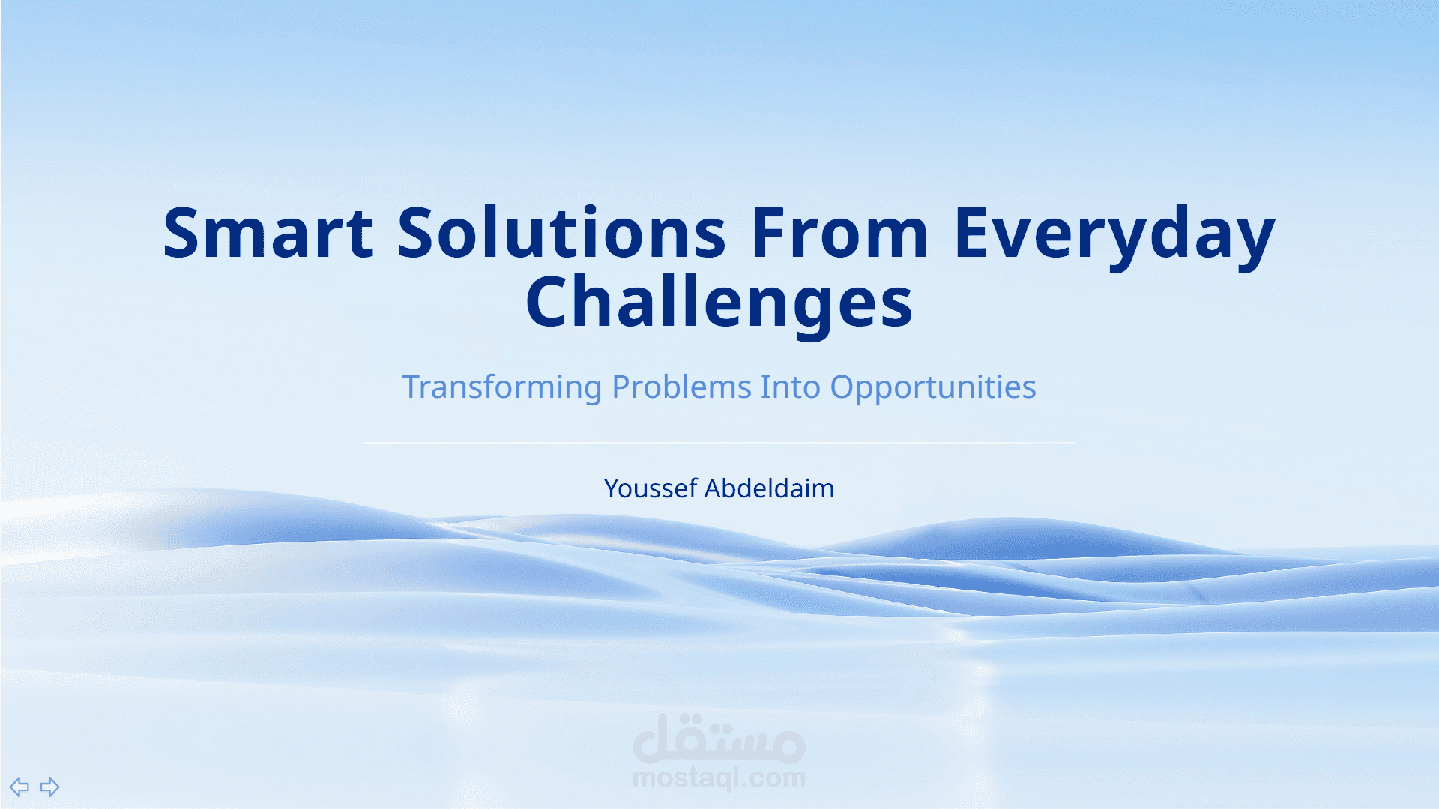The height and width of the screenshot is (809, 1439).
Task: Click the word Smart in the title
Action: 268,234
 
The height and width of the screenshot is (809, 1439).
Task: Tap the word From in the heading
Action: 839,234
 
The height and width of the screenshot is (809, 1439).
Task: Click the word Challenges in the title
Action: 719,304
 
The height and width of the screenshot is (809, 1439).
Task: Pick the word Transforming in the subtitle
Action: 502,388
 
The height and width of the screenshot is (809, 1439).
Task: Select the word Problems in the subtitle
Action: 681,387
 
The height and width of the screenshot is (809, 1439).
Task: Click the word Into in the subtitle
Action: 791,387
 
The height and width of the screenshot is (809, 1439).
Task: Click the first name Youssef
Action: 651,488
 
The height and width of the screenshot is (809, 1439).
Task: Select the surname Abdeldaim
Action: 769,488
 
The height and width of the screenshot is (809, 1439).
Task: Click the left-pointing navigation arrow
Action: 19,787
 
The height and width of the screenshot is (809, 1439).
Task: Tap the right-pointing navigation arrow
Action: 49,787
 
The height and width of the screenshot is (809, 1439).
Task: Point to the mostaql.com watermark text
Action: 719,778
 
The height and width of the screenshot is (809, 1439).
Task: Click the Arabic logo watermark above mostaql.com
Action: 719,738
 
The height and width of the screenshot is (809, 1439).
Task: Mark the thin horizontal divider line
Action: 719,443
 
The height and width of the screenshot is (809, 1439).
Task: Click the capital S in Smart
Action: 182,234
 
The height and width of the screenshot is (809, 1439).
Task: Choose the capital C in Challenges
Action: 549,301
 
